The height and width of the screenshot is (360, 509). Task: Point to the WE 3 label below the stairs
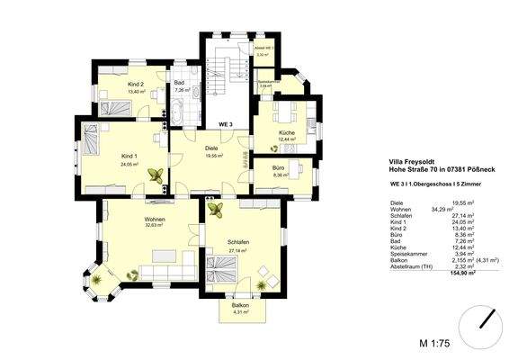click(x=226, y=123)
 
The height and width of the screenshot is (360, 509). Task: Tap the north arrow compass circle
click(x=486, y=319)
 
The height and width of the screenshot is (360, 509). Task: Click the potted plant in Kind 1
click(x=156, y=177)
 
